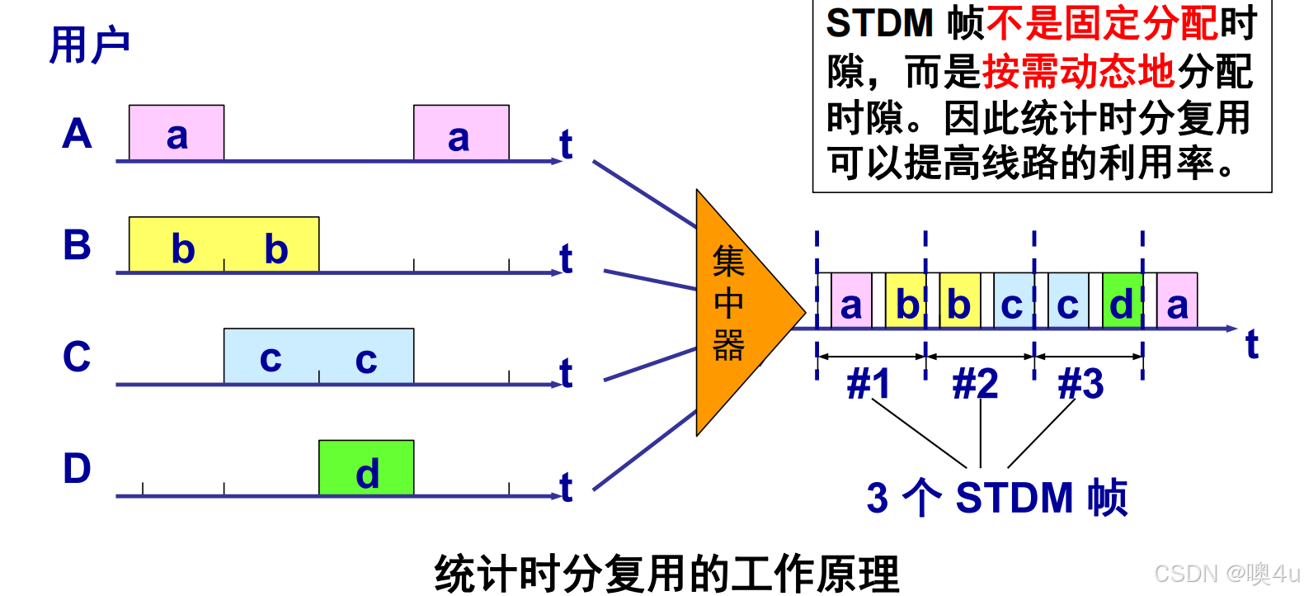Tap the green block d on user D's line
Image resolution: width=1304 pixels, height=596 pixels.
366,468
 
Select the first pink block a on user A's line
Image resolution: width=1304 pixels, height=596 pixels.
177,133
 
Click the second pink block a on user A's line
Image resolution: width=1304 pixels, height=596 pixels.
461,133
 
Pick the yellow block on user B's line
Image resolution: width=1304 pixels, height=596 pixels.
224,244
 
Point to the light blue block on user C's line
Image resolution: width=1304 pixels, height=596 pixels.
318,356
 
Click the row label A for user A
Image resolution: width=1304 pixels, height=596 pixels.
77,133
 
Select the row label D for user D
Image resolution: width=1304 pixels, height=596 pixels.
77,468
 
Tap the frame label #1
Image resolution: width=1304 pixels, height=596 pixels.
869,384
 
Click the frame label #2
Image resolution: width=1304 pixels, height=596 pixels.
975,384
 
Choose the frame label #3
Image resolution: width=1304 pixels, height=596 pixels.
1080,384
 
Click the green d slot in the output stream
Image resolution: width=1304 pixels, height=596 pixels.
1122,302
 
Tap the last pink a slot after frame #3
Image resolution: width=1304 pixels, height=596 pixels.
1177,302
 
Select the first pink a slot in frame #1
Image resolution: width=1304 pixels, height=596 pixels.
851,302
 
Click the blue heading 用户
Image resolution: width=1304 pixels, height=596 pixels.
89,45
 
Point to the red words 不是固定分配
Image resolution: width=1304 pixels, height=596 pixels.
1102,23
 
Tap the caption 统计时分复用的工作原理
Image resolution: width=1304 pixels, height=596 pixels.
666,574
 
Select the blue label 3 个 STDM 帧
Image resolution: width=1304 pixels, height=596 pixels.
996,498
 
